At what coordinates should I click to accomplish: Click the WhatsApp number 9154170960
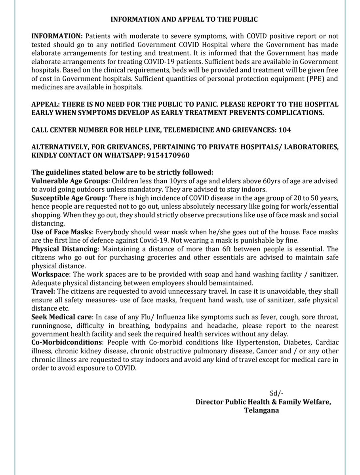click(168, 155)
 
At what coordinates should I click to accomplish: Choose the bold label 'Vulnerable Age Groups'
click(70, 180)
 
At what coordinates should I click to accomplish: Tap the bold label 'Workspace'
click(49, 275)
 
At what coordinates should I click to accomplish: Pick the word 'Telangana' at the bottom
click(261, 410)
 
